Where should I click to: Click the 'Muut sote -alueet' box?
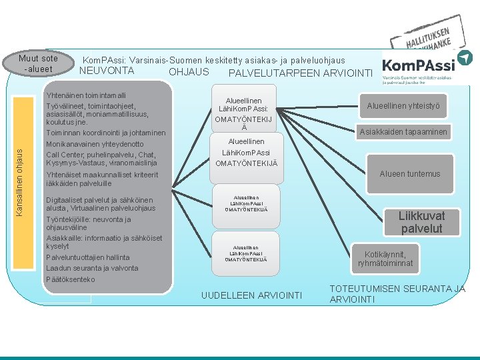39,63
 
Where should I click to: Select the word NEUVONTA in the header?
107,71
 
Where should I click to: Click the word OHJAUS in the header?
189,72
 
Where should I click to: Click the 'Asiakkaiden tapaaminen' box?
403,132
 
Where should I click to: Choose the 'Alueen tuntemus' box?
410,174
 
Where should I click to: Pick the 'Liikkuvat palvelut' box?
421,222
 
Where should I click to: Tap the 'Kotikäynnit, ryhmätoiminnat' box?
391,259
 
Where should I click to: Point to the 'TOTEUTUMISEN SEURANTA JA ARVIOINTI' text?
397,294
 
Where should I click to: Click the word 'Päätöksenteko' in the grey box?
71,279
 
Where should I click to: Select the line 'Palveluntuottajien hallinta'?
88,257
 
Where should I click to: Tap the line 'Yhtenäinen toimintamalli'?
86,95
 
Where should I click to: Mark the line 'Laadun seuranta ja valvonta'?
92,268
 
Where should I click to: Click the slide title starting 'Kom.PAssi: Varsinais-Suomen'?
213,60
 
